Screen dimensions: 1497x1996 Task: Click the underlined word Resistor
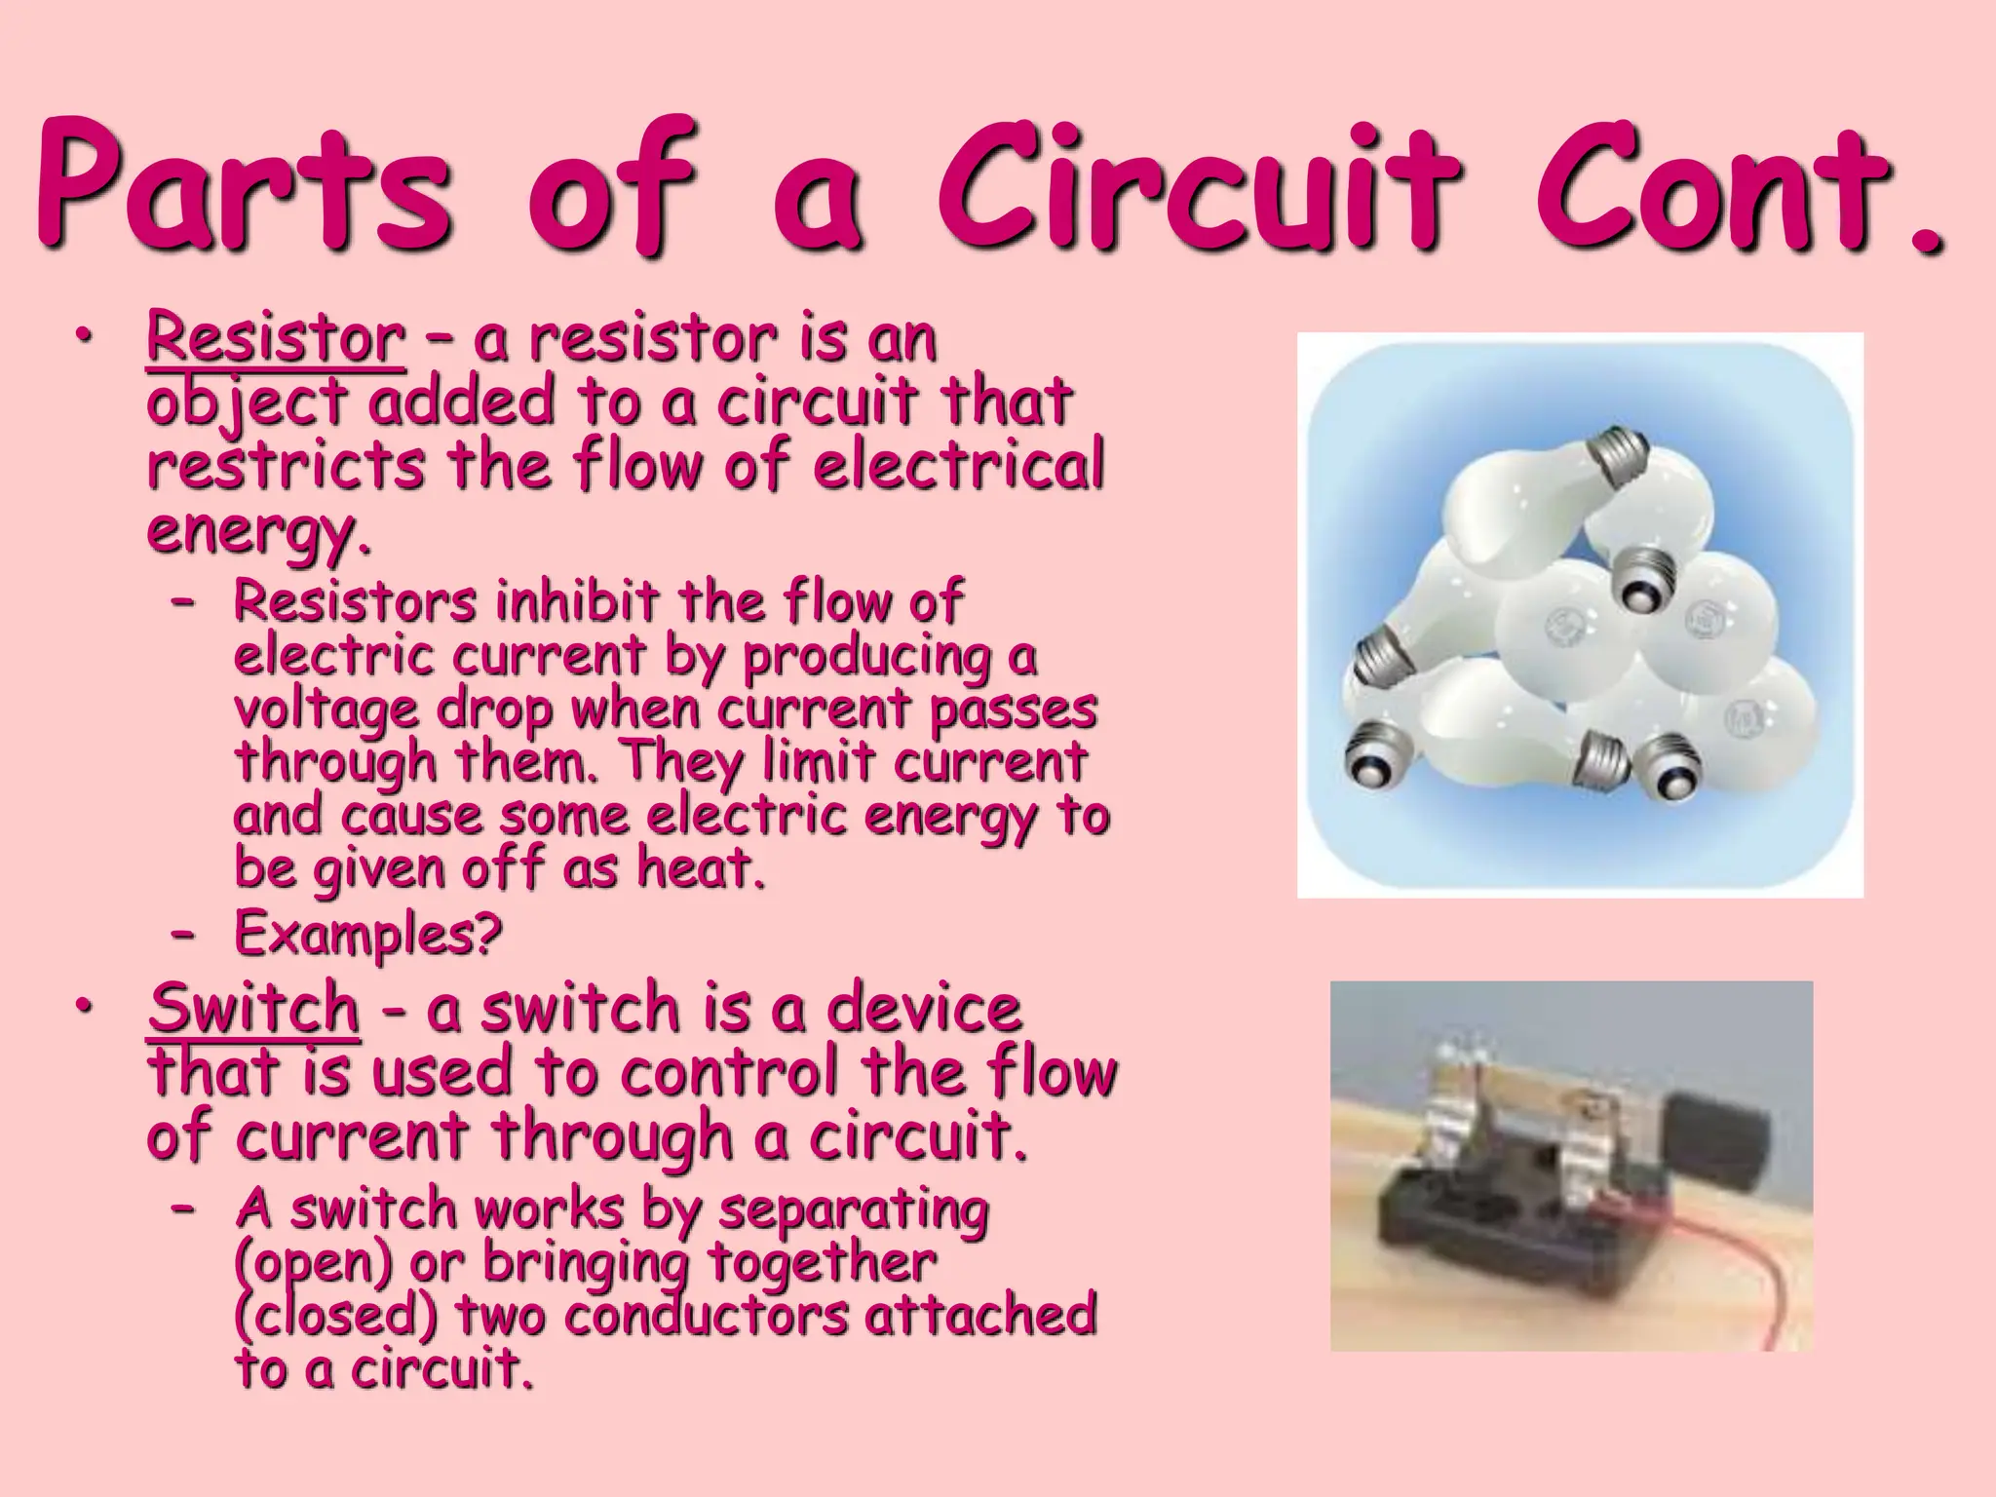tap(276, 338)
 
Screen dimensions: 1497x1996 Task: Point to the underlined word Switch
tap(254, 1008)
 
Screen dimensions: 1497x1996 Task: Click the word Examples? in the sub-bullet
tap(368, 934)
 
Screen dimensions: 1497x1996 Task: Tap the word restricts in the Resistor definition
tap(286, 466)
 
